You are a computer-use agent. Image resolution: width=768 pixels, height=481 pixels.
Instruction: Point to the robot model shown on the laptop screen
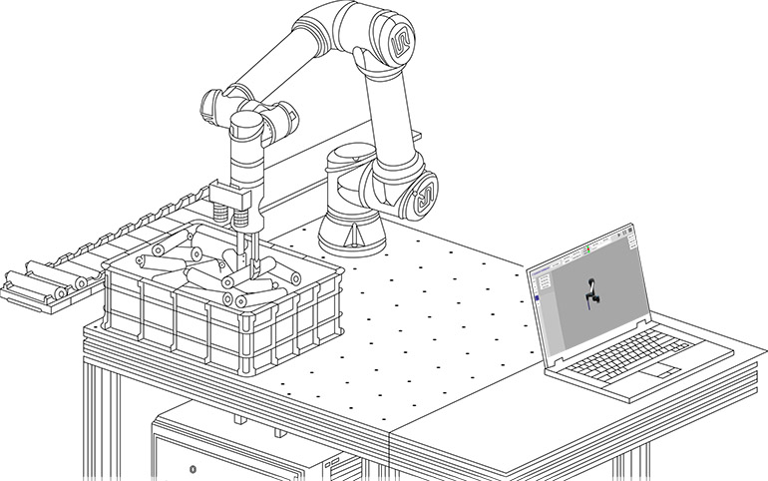point(594,291)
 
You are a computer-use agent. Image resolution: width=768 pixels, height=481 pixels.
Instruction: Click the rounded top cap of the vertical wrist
point(246,126)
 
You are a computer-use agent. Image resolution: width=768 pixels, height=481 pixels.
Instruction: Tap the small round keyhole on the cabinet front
point(192,468)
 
